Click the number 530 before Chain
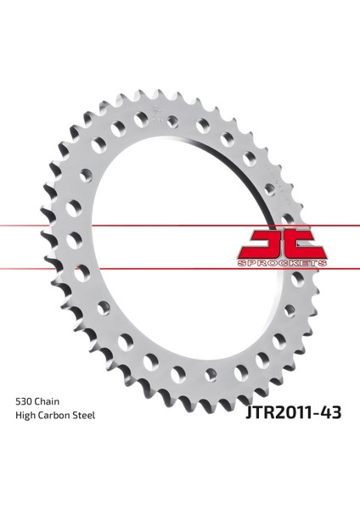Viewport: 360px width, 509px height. pyautogui.click(x=25, y=398)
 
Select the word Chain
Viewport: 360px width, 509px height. pyautogui.click(x=53, y=398)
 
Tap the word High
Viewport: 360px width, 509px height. pyautogui.click(x=26, y=416)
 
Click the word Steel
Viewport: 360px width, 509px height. pyautogui.click(x=88, y=416)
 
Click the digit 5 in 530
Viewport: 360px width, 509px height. pyautogui.click(x=19, y=398)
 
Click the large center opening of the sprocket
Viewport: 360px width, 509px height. pyautogui.click(x=178, y=246)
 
